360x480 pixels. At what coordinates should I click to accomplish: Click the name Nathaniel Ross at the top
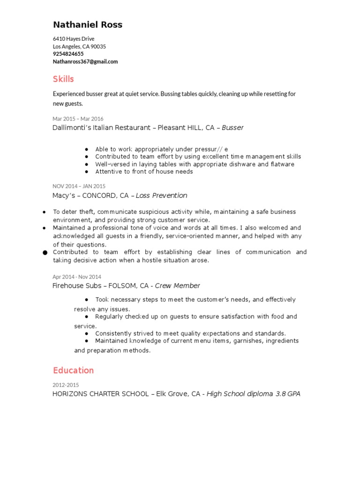click(88, 25)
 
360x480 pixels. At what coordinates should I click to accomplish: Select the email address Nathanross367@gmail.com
click(85, 61)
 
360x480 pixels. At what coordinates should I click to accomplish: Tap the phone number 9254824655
click(68, 54)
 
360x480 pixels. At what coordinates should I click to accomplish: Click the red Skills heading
click(63, 79)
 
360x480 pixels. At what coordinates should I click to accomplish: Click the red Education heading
click(73, 370)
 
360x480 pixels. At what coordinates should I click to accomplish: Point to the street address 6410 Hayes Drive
click(74, 39)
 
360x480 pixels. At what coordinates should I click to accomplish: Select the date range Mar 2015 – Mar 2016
click(78, 119)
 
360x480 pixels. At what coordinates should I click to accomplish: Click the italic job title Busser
click(232, 127)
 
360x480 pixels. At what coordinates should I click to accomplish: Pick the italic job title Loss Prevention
click(161, 195)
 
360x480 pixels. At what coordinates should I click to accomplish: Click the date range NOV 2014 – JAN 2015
click(79, 187)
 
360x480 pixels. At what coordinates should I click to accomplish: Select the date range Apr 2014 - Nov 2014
click(76, 277)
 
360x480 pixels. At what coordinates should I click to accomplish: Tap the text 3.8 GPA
click(288, 394)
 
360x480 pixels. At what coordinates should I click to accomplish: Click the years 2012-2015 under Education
click(66, 385)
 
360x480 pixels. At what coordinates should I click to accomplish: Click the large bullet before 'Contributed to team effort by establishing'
click(45, 253)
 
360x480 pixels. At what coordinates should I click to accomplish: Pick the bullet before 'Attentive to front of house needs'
click(87, 172)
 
